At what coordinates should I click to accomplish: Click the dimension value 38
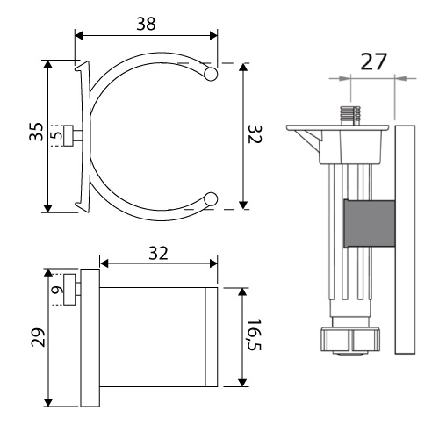[x=146, y=24]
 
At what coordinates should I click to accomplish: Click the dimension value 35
[x=36, y=132]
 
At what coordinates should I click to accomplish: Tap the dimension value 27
[x=373, y=61]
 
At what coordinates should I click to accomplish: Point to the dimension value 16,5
[x=254, y=335]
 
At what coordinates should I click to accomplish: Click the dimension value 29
[x=38, y=337]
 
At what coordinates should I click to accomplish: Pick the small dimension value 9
[x=57, y=290]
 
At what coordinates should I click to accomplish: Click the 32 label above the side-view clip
[x=158, y=253]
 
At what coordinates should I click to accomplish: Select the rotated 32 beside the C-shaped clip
[x=255, y=134]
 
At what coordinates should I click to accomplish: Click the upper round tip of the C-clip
[x=211, y=74]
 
